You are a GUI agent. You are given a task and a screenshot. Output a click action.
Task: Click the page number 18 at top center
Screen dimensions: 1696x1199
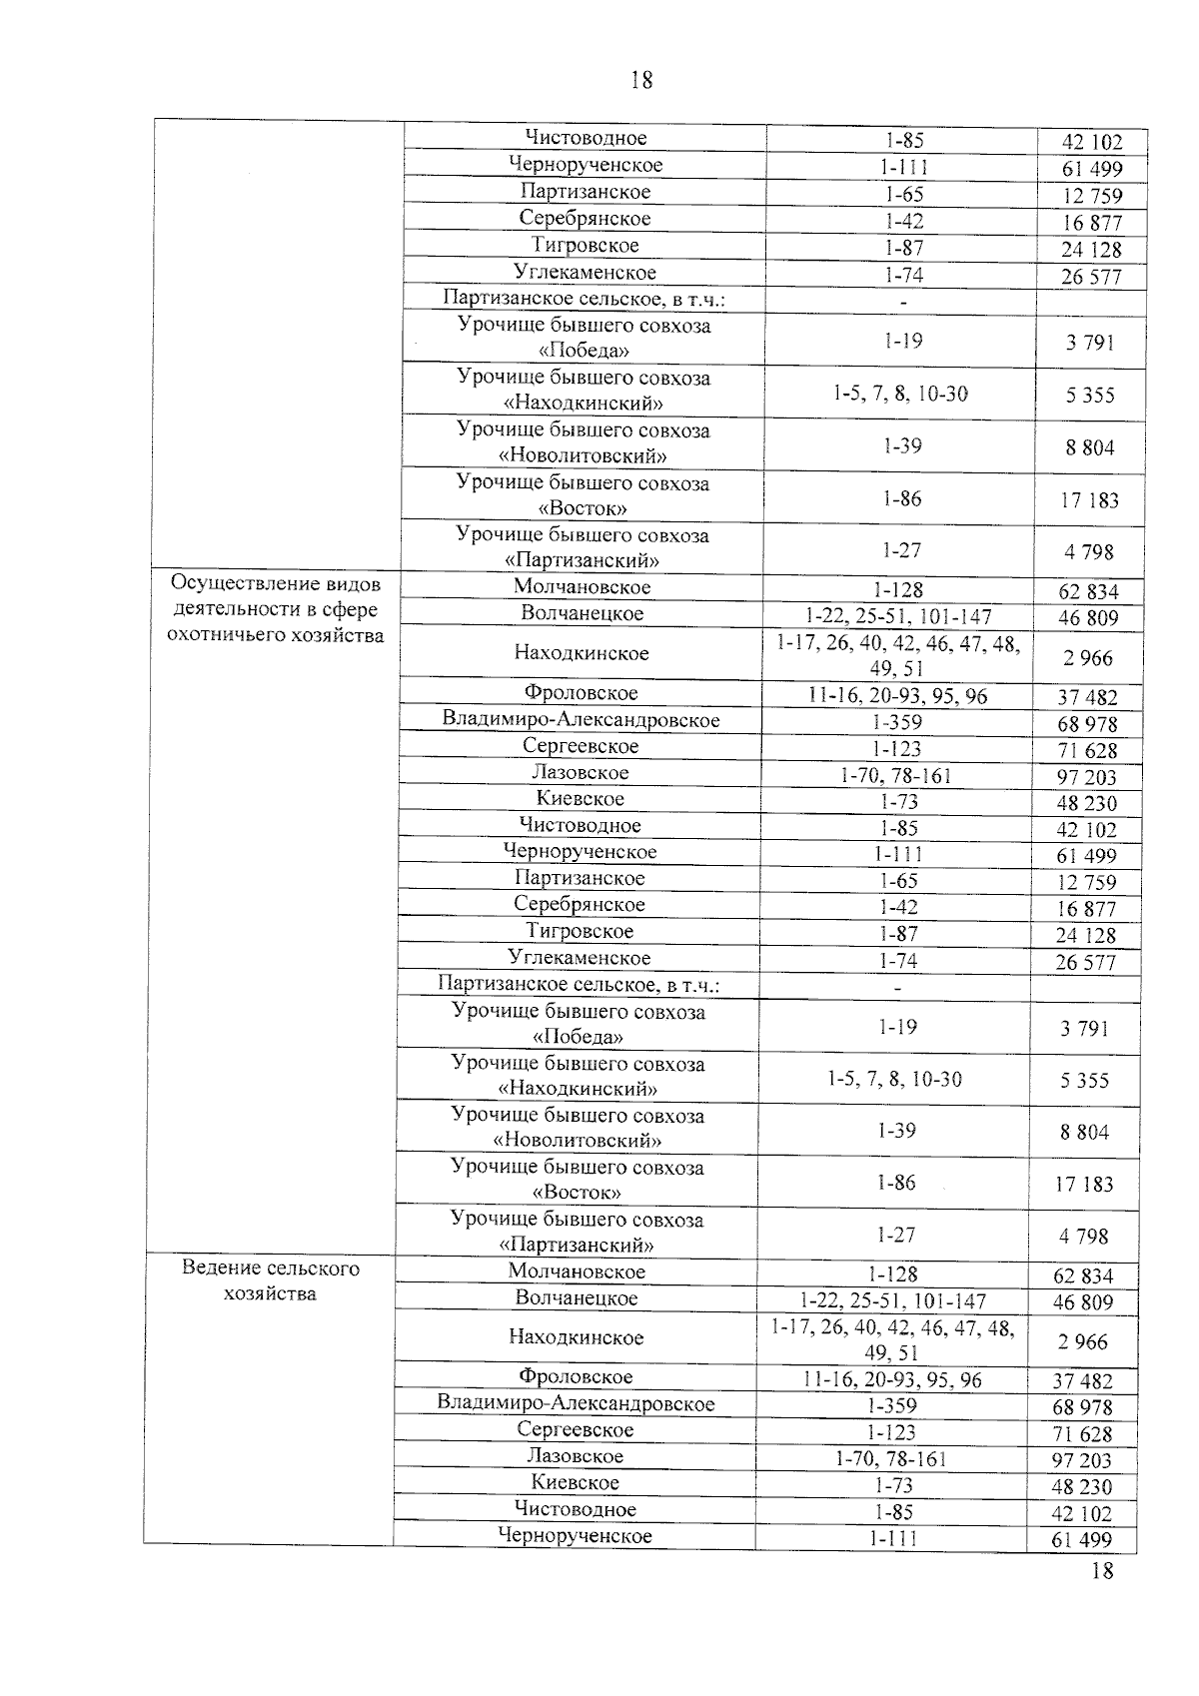(x=641, y=81)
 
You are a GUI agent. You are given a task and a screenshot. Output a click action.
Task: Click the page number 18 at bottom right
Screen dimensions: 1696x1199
(x=1102, y=1571)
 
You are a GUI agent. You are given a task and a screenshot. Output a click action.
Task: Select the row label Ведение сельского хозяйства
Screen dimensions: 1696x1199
(x=271, y=1280)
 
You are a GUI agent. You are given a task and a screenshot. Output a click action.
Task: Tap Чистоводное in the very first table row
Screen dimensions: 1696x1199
(x=586, y=138)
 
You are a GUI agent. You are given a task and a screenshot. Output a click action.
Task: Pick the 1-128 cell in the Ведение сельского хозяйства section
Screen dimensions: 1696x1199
(x=893, y=1273)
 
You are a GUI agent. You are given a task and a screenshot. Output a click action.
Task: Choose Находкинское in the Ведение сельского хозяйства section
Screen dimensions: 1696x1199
(x=577, y=1336)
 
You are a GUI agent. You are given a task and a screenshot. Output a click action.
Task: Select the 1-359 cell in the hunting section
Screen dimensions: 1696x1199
(x=896, y=721)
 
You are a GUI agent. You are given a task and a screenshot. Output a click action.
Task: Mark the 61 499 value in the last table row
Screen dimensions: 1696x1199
(x=1081, y=1539)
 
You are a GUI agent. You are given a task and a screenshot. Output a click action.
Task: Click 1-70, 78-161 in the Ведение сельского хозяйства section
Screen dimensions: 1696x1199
(x=891, y=1458)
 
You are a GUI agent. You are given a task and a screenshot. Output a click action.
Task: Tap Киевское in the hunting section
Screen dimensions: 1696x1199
(x=580, y=799)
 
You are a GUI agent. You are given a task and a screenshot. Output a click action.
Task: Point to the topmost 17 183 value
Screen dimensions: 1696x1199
(x=1089, y=500)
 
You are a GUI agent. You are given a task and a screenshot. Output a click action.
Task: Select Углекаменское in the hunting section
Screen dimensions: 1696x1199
(x=580, y=958)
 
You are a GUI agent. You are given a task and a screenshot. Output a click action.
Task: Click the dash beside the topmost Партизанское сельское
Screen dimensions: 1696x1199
(x=902, y=301)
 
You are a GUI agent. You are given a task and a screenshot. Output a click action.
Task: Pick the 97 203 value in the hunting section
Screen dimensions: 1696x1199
(x=1086, y=777)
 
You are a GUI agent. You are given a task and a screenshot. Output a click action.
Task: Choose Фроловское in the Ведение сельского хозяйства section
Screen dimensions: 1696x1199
(x=576, y=1377)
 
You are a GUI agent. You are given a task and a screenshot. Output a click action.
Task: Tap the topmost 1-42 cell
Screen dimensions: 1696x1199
(x=903, y=222)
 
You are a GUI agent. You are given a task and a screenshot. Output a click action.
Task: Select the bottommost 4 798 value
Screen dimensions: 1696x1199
(x=1084, y=1237)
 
